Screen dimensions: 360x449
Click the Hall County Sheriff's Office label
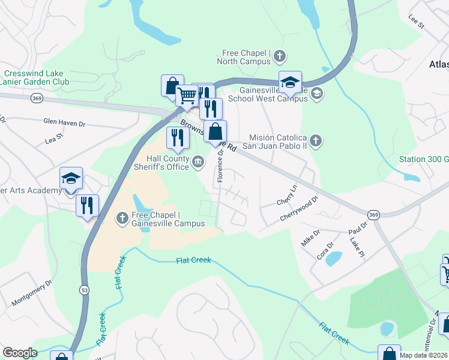tap(160, 163)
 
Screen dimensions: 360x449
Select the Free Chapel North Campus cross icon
tap(279, 57)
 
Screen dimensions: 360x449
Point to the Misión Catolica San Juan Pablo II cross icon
tap(316, 141)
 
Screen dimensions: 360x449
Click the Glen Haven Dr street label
tap(64, 122)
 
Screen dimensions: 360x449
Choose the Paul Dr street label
tap(358, 229)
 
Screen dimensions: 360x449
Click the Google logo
tap(20, 353)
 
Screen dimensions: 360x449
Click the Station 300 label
tap(424, 160)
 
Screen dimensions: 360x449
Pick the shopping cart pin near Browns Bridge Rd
tap(188, 95)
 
